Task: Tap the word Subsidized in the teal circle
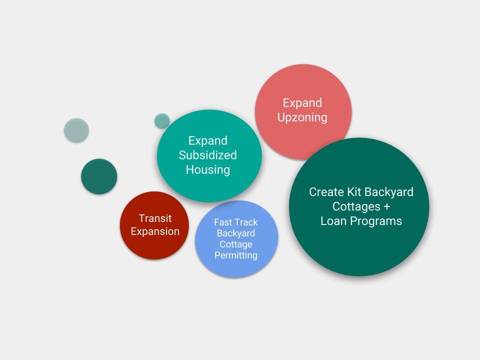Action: tap(208, 155)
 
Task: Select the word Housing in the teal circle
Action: tap(208, 170)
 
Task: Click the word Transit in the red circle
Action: tap(155, 218)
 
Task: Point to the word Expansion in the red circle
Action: tap(155, 231)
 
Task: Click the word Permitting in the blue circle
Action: tap(236, 255)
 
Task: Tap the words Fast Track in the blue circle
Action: tap(236, 222)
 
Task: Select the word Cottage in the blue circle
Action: tap(236, 244)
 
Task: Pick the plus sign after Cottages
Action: tap(386, 206)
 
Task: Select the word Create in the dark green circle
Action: tap(326, 192)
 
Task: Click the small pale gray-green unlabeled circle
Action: tap(76, 130)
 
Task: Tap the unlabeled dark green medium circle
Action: tap(99, 176)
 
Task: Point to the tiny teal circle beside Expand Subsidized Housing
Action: tap(162, 121)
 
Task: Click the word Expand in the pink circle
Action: tap(302, 103)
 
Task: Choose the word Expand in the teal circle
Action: tap(208, 141)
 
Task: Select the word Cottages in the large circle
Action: tap(356, 207)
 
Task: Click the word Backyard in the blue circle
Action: tap(236, 233)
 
